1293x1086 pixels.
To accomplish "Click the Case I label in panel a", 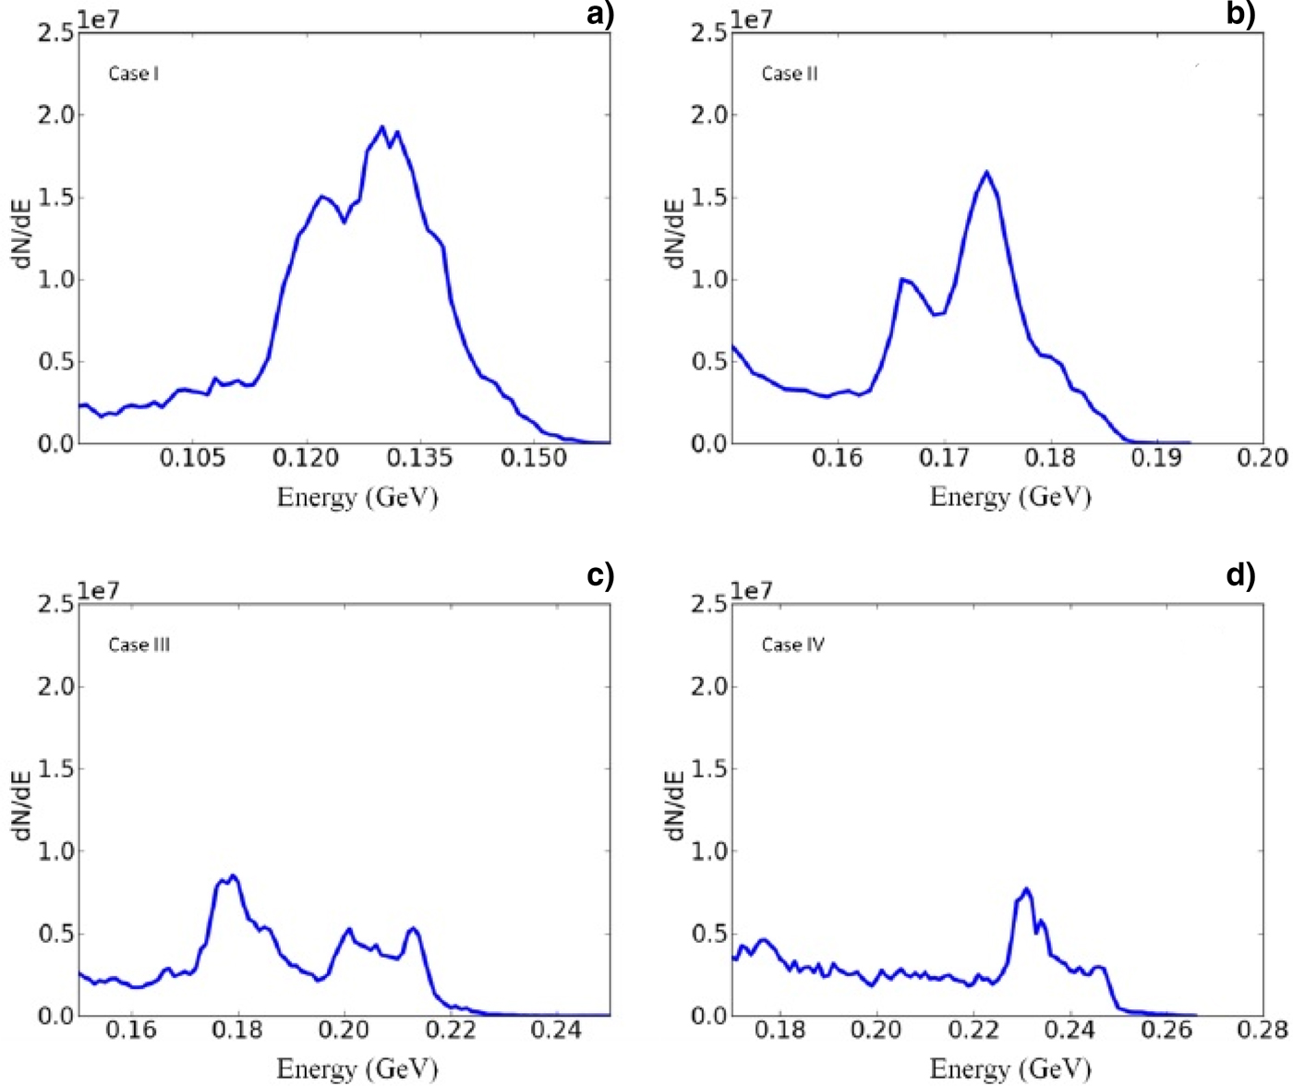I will [134, 74].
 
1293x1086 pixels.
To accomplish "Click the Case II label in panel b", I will [790, 74].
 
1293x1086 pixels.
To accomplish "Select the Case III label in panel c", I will [139, 645].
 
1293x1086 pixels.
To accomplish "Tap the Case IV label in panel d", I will [793, 645].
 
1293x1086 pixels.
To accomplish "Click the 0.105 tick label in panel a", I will [192, 458].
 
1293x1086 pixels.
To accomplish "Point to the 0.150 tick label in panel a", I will [534, 458].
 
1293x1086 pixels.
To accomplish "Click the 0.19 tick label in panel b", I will [1156, 458].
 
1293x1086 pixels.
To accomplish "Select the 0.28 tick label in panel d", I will [1263, 1030].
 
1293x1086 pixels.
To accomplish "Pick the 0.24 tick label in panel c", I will [557, 1030].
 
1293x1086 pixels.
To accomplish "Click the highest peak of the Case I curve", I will [382, 127].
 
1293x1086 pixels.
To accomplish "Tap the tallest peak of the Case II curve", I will [986, 172].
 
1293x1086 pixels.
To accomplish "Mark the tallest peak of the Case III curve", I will [234, 875].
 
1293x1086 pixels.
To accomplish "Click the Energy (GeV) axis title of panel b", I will [1010, 497].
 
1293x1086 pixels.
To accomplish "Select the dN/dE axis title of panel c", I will [22, 806].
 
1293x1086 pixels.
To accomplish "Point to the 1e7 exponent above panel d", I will [752, 591].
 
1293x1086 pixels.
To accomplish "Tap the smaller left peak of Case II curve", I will [902, 279].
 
